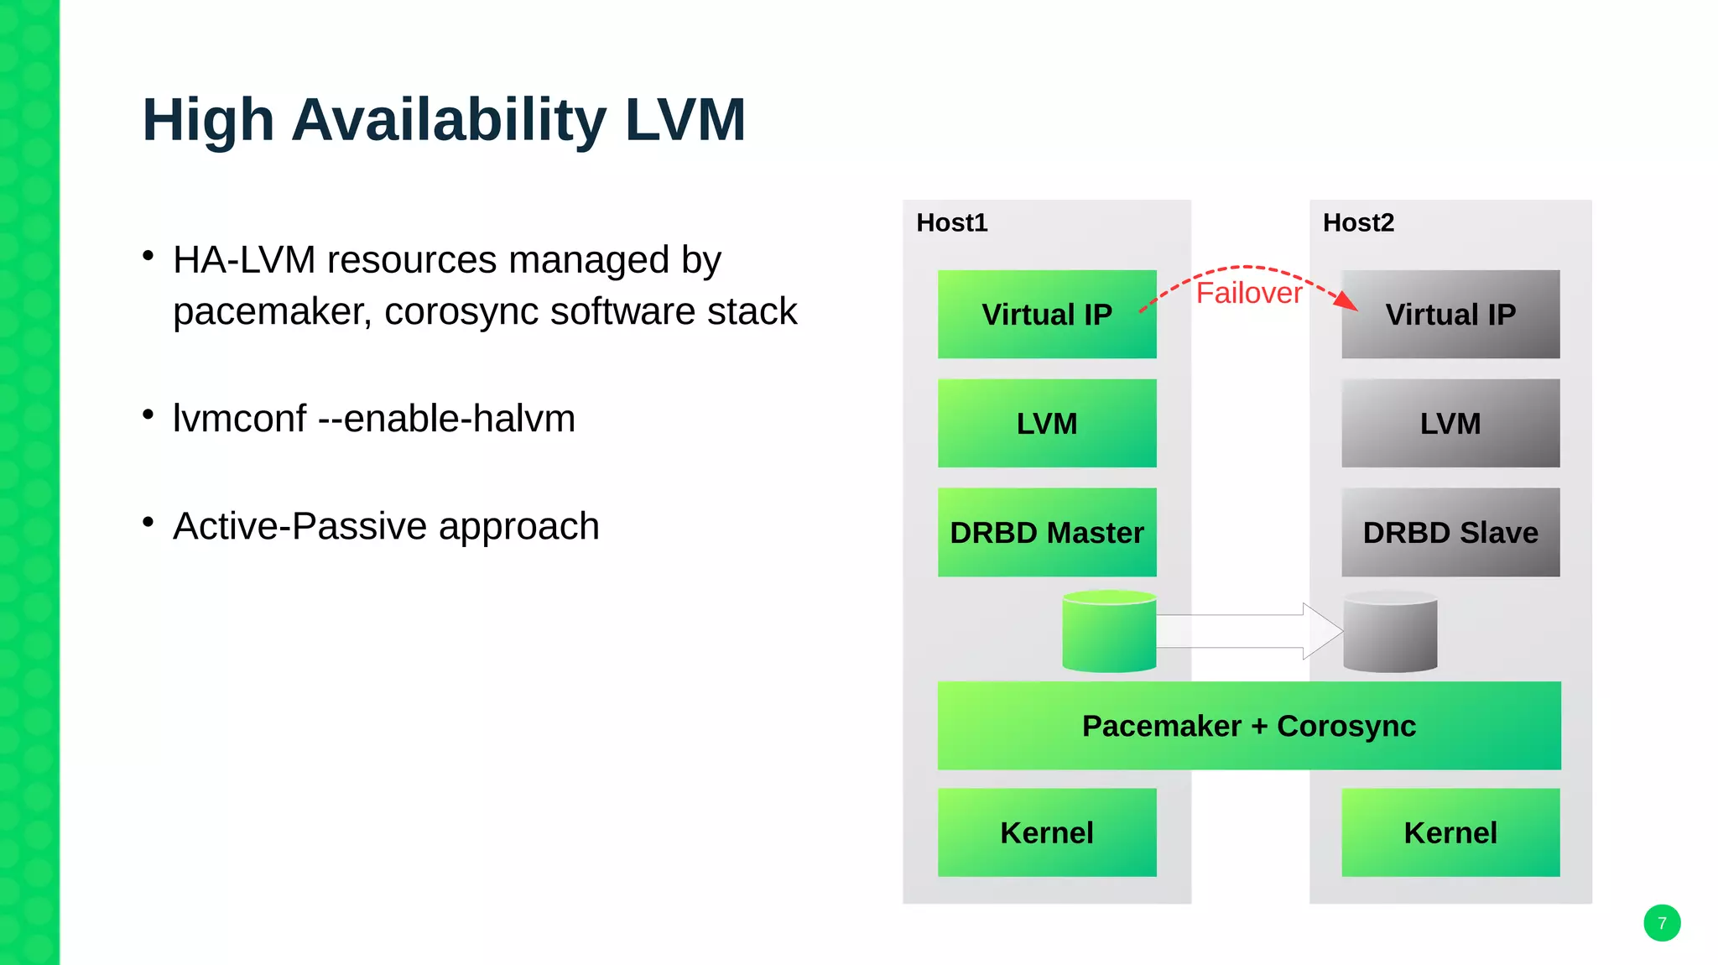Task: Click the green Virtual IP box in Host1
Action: (1046, 314)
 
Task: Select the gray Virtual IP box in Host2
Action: (1450, 314)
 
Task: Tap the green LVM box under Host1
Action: (1046, 423)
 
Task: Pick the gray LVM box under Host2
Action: (1450, 423)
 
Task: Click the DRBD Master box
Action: (1046, 532)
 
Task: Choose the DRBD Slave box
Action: (1450, 532)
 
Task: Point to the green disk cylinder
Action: (1109, 633)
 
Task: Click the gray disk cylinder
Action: (1390, 633)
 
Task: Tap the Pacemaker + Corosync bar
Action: (1248, 725)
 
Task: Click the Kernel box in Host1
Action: (1046, 832)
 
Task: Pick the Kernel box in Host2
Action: (1450, 832)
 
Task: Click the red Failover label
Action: (1248, 293)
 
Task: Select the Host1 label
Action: (951, 222)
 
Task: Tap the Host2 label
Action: (1358, 222)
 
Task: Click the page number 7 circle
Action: (1661, 923)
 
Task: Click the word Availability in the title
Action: (448, 120)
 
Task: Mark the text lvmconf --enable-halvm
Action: (373, 418)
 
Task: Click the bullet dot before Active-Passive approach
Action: (148, 522)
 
